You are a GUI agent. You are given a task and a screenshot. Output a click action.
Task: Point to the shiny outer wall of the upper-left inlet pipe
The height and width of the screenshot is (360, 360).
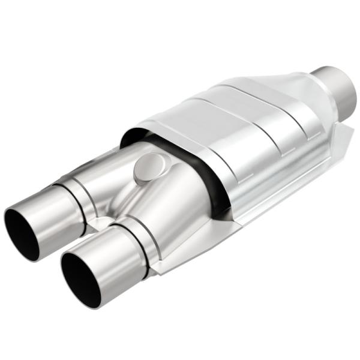coord(51,204)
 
